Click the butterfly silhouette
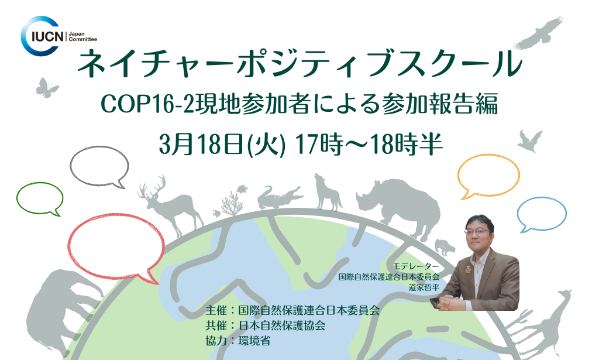pos(47,88)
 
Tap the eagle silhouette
pos(540,32)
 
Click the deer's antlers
pos(153,186)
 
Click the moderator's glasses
pos(477,231)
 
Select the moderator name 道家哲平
pos(424,287)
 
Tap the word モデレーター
pos(416,266)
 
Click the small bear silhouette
pos(445,247)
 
